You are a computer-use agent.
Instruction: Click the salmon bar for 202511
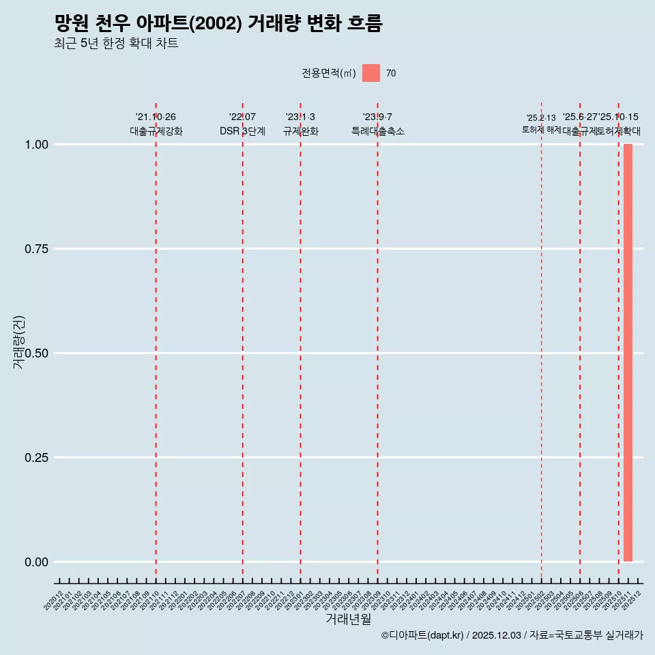pyautogui.click(x=628, y=353)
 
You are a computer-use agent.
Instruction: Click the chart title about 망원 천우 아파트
pyautogui.click(x=218, y=23)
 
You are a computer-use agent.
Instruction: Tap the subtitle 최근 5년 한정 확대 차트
pyautogui.click(x=116, y=44)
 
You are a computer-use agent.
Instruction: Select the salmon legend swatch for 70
pyautogui.click(x=371, y=73)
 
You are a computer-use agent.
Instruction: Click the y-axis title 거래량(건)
pyautogui.click(x=19, y=342)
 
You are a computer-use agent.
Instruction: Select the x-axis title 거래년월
pyautogui.click(x=348, y=619)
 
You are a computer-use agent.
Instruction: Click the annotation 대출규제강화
pyautogui.click(x=156, y=131)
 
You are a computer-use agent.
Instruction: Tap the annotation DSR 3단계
pyautogui.click(x=242, y=131)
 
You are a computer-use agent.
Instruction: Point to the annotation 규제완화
pyautogui.click(x=301, y=131)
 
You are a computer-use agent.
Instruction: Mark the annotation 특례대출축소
pyautogui.click(x=378, y=131)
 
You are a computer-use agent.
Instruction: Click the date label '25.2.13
pyautogui.click(x=541, y=118)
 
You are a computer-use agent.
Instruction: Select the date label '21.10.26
pyautogui.click(x=156, y=117)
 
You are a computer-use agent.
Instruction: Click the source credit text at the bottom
pyautogui.click(x=512, y=635)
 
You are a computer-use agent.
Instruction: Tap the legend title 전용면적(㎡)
pyautogui.click(x=329, y=73)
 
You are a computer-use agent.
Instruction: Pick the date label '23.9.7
pyautogui.click(x=377, y=117)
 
